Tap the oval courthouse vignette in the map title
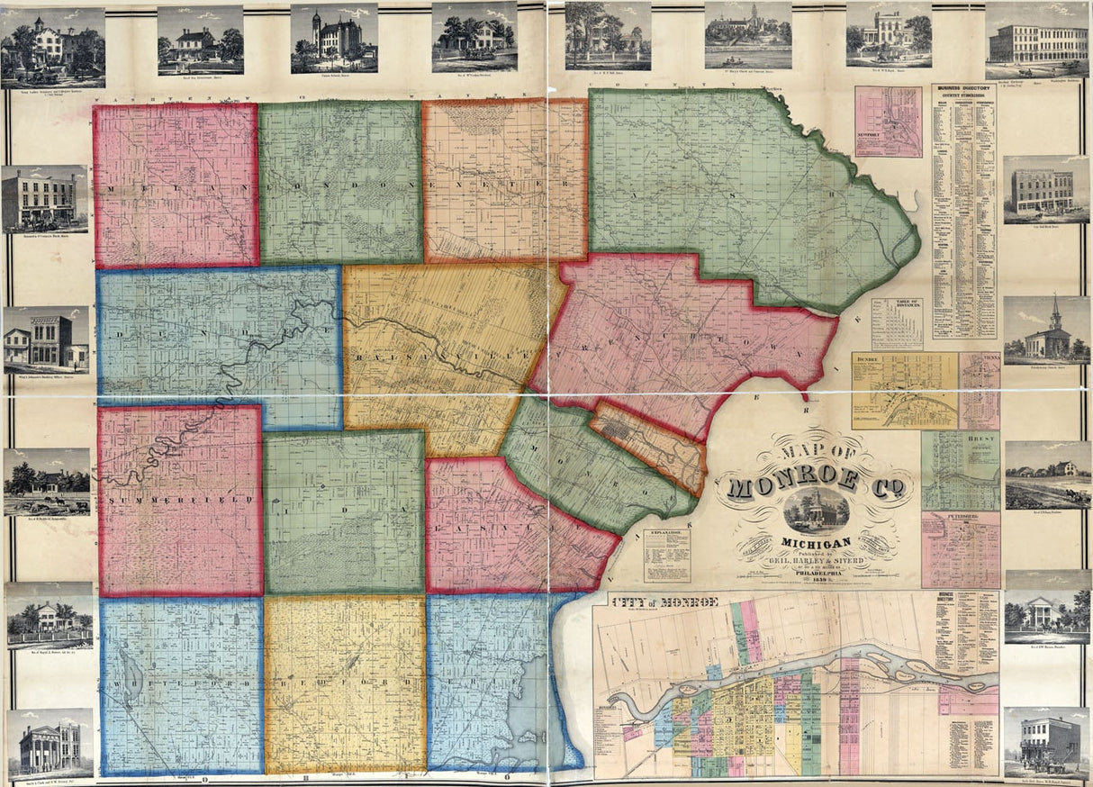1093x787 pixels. (x=816, y=511)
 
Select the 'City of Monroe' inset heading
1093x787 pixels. (x=664, y=602)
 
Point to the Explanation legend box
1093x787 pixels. (x=666, y=554)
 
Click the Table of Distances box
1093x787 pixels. (x=896, y=323)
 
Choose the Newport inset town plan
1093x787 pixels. (x=888, y=122)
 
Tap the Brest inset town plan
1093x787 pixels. (x=960, y=470)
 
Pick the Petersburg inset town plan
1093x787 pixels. (x=960, y=549)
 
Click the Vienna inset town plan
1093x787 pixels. (x=980, y=390)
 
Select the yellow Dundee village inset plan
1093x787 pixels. (x=904, y=390)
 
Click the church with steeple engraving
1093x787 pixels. (x=1046, y=330)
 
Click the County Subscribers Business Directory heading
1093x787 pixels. (x=964, y=94)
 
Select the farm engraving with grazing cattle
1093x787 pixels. (x=1047, y=476)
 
